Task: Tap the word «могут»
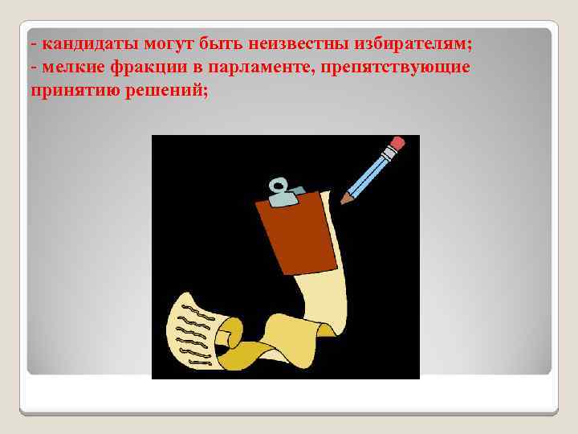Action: pyautogui.click(x=157, y=42)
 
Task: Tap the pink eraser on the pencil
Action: pyautogui.click(x=397, y=145)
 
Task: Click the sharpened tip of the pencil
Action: pyautogui.click(x=344, y=199)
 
